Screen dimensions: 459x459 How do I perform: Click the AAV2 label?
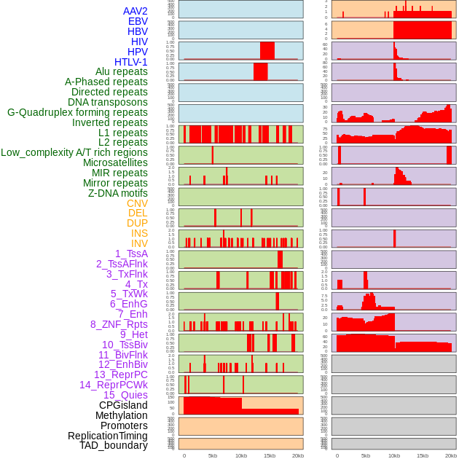point(136,11)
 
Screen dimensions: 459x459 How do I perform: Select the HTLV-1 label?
point(131,62)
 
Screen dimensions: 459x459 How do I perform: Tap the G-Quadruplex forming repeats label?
point(77,112)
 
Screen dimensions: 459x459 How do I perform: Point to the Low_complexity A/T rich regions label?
point(74,152)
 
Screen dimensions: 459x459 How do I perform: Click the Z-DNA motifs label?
point(118,193)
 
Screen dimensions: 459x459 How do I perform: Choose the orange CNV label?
point(137,203)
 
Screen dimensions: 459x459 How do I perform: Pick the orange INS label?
point(139,233)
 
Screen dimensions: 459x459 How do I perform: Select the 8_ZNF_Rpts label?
point(119,324)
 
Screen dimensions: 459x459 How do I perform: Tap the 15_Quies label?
point(125,395)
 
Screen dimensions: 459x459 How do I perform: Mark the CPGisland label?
point(123,405)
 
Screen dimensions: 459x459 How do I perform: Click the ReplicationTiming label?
point(108,436)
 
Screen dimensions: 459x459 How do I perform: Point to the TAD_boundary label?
point(114,445)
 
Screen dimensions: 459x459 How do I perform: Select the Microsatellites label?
point(115,162)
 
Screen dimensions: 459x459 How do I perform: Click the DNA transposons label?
point(108,102)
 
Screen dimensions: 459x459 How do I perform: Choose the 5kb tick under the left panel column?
point(213,455)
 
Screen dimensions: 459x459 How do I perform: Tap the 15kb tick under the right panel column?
point(423,455)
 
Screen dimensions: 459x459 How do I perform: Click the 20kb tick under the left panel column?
point(298,455)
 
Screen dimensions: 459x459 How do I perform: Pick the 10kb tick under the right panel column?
point(394,455)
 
